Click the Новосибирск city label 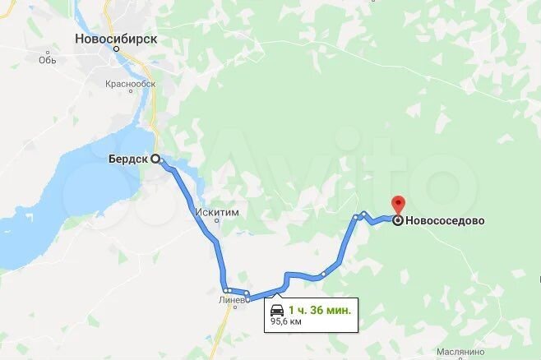116,38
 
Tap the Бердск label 127,160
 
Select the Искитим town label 217,211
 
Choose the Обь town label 46,59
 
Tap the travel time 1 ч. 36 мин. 320,310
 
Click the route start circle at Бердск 155,160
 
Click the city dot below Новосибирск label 116,49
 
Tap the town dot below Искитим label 217,220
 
